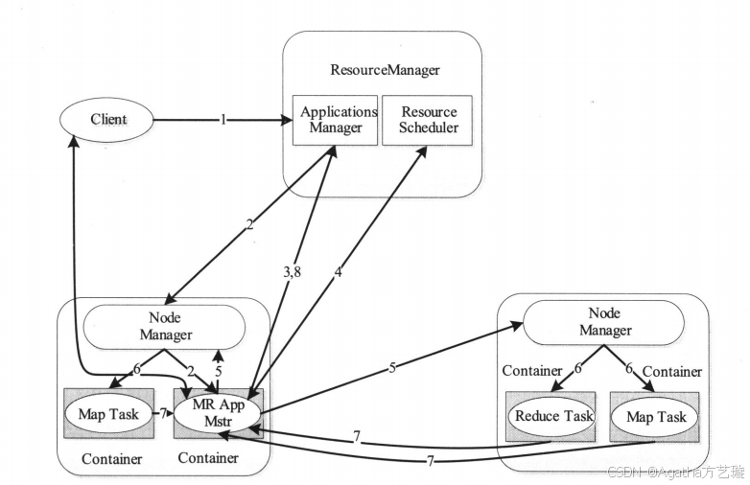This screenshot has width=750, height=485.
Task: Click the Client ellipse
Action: point(106,120)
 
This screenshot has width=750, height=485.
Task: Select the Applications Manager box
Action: point(335,120)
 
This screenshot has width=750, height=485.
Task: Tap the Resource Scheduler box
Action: point(427,120)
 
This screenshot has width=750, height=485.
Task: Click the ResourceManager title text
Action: point(385,70)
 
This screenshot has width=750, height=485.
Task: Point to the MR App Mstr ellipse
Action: point(218,413)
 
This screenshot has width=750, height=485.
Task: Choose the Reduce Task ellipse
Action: point(553,416)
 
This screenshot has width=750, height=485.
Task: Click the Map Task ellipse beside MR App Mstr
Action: point(108,414)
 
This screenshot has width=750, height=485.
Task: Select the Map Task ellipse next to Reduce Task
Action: point(656,417)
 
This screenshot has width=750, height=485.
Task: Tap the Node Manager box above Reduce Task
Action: point(603,322)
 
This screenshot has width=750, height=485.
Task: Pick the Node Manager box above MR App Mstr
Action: point(165,327)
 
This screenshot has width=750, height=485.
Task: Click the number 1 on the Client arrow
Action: point(223,120)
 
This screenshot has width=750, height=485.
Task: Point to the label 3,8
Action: point(292,272)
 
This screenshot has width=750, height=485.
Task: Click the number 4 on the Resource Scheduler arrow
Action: point(339,272)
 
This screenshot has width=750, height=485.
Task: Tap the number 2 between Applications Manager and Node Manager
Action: point(249,224)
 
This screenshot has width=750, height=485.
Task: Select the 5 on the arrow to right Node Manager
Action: point(392,367)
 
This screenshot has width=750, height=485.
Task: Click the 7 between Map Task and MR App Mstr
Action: point(163,413)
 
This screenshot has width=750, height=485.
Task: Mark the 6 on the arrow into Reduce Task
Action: point(577,368)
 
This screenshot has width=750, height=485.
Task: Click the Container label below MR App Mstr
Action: point(208,458)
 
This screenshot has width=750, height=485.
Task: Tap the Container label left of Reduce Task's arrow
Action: point(532,371)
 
